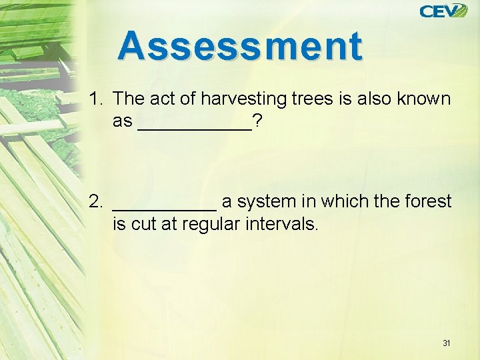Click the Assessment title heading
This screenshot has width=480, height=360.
pyautogui.click(x=241, y=47)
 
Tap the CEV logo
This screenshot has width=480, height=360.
pyautogui.click(x=443, y=11)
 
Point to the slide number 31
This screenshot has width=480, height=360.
pyautogui.click(x=446, y=343)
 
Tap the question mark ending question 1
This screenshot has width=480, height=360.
pyautogui.click(x=257, y=122)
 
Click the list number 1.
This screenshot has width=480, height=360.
pyautogui.click(x=95, y=99)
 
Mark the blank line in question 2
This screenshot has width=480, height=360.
pyautogui.click(x=165, y=207)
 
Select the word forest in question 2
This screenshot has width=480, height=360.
pyautogui.click(x=428, y=201)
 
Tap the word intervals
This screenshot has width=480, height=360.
pyautogui.click(x=285, y=224)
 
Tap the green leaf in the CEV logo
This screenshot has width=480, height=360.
pyautogui.click(x=460, y=11)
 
